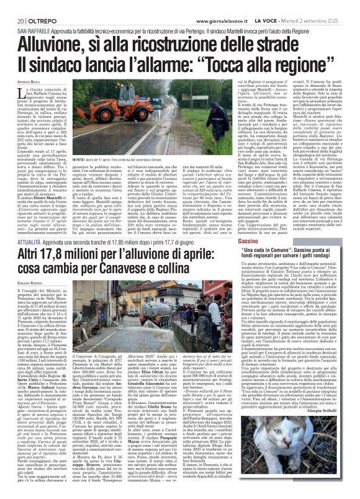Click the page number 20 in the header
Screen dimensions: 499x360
tap(12, 6)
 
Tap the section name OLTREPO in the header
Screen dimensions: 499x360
tap(35, 6)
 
